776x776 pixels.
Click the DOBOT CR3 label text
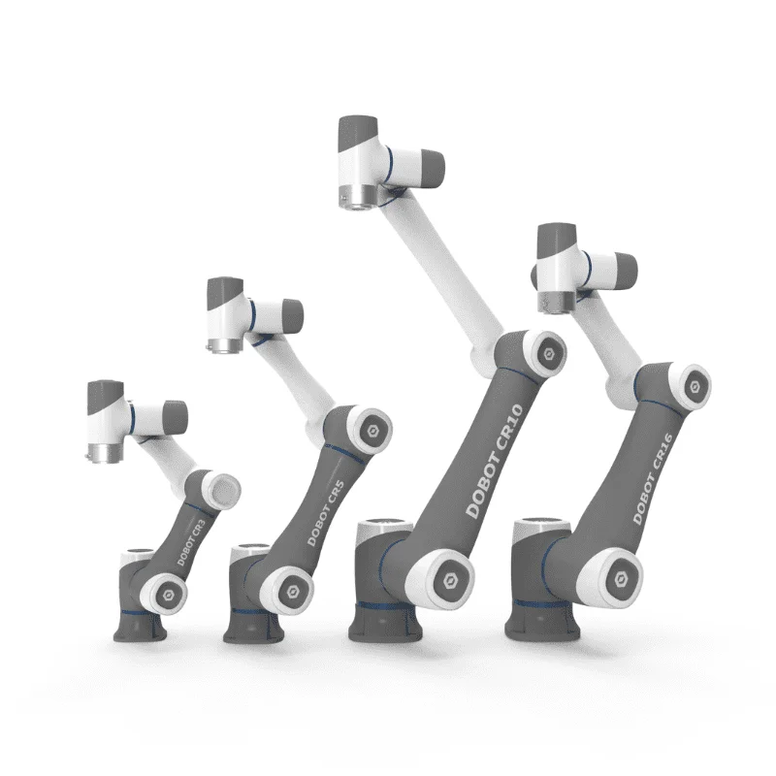click(191, 543)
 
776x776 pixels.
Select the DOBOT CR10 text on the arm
click(495, 462)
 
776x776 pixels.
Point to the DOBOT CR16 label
click(653, 478)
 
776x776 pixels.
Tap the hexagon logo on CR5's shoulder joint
click(292, 592)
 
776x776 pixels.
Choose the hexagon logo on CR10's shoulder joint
click(450, 580)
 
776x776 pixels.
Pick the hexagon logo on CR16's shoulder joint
click(621, 579)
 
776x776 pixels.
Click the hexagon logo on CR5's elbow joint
click(372, 431)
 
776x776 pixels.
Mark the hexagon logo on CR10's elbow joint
click(548, 354)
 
